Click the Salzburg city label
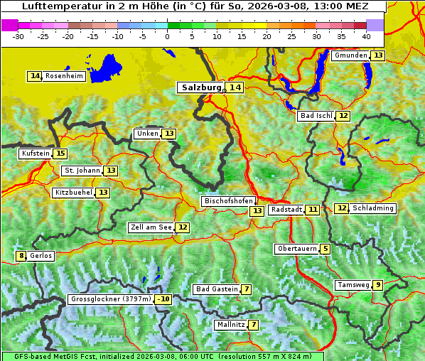200,87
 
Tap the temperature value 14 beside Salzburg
235,87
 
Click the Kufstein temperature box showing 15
60,153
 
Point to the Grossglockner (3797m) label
111,299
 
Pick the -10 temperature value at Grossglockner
163,299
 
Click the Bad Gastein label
217,289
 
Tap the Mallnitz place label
230,325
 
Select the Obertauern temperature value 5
325,249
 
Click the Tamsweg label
353,285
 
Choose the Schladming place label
373,208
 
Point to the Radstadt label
286,210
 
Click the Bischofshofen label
228,202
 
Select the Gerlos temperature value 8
21,256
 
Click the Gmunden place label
351,55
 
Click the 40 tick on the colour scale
366,35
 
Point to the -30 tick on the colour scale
18,35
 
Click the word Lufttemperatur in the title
58,6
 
